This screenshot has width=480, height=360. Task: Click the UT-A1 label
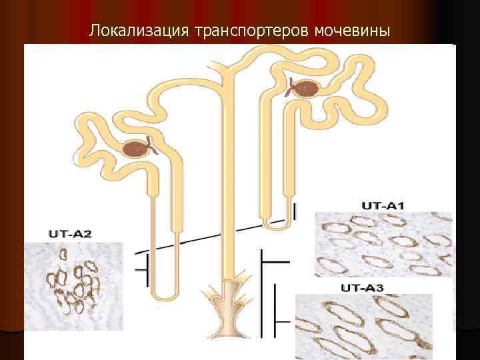click(x=383, y=206)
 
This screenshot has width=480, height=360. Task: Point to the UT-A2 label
click(x=70, y=234)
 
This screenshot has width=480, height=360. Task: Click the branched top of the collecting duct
click(x=229, y=67)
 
